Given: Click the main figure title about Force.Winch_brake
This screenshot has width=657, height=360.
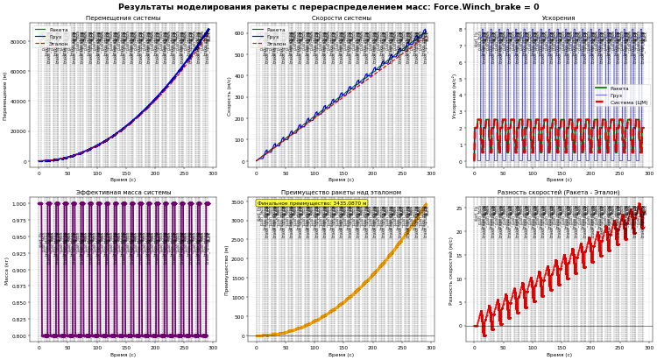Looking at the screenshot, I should [328, 7].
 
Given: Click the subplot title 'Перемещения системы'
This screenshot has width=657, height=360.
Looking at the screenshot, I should [123, 18].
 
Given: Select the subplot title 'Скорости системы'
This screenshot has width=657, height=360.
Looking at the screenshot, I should [341, 18].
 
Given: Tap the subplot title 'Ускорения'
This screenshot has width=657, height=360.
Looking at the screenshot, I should [559, 18].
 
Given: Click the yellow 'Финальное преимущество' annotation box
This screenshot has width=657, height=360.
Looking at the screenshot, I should [312, 203].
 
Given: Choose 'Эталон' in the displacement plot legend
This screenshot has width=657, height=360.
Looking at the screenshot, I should [58, 44].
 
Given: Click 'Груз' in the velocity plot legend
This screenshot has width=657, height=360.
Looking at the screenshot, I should [274, 37].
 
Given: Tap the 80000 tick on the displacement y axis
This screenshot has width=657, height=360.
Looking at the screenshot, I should [18, 41].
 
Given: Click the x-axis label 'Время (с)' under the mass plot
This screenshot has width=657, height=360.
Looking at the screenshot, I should [123, 355].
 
